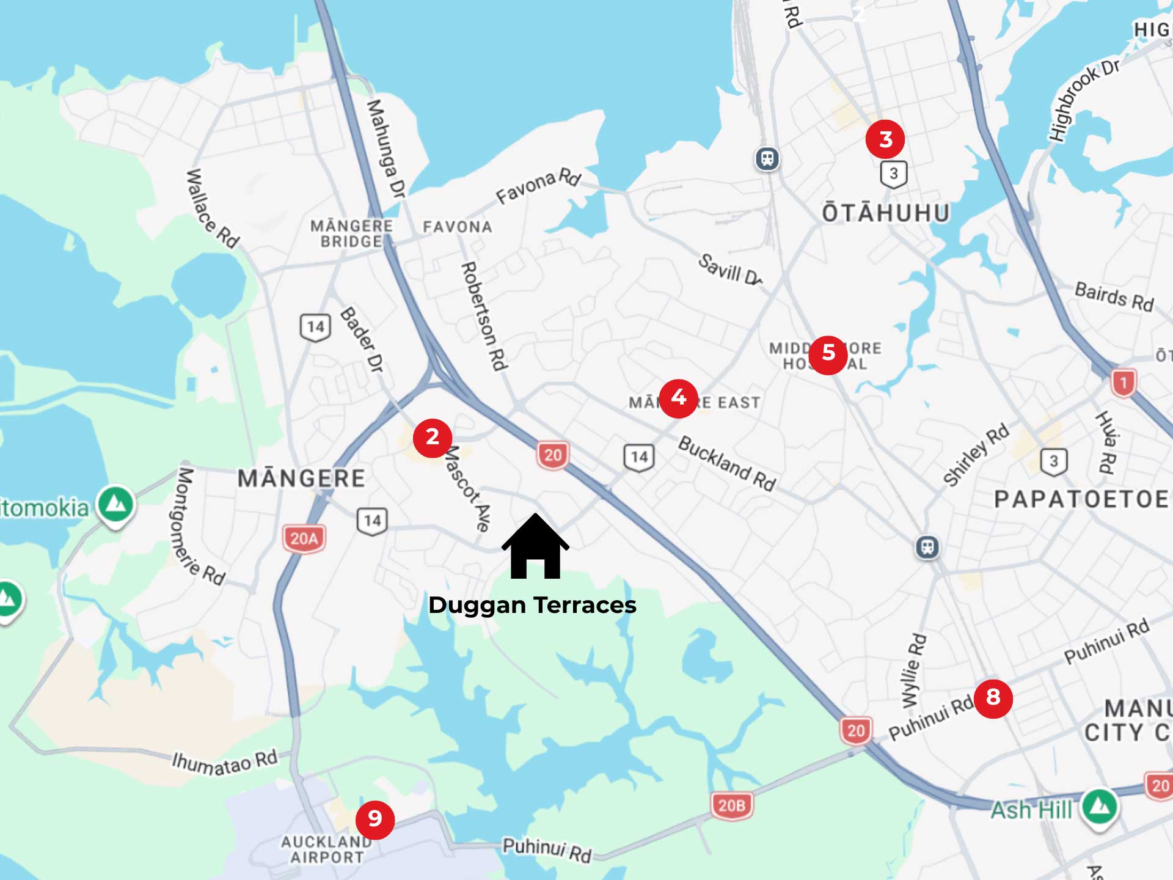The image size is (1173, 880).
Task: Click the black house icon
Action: [535, 548]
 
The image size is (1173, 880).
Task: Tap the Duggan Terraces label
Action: [532, 605]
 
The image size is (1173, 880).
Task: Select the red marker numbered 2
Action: [432, 438]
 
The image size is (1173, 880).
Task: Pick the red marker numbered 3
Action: [885, 139]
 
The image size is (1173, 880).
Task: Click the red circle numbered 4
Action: [678, 398]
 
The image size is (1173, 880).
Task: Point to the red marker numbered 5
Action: [828, 353]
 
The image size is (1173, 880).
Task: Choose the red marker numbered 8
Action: [993, 697]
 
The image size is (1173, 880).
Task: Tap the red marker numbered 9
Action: [375, 819]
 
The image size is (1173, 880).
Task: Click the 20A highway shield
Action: [304, 538]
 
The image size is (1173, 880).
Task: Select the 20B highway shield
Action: [731, 805]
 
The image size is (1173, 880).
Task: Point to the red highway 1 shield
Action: [1124, 383]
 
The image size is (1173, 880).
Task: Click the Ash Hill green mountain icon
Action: [1100, 807]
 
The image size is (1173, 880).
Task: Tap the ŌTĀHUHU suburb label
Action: [886, 213]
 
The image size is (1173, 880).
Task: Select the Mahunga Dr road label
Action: [386, 149]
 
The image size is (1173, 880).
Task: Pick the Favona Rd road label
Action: [538, 185]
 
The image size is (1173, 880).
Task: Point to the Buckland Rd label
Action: [727, 463]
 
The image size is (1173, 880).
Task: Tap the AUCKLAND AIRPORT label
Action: [326, 849]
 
